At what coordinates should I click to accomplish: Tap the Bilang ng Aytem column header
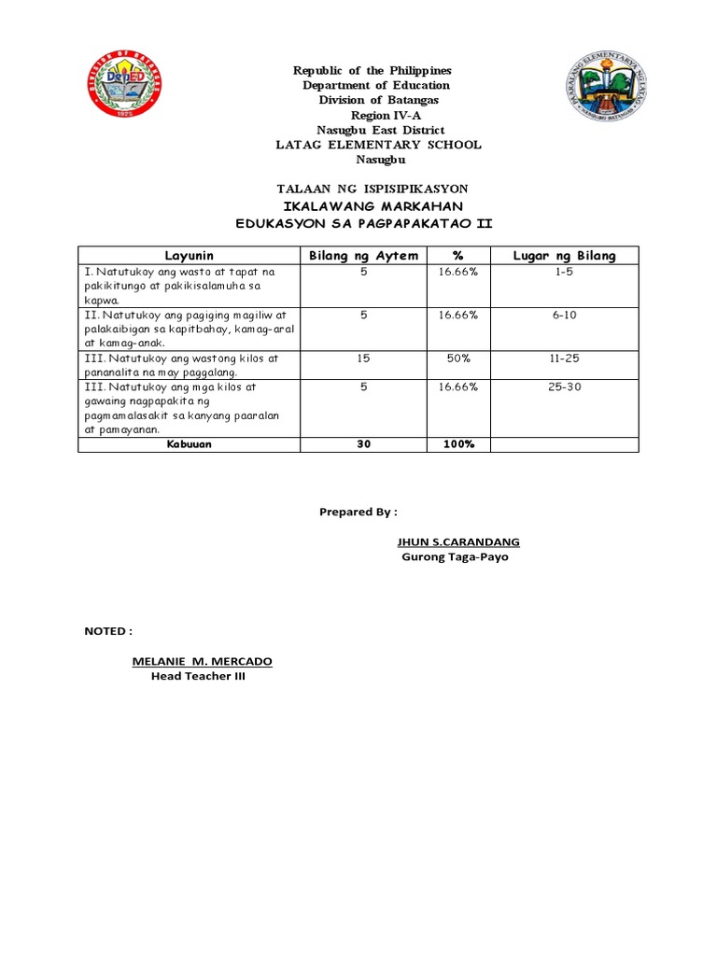pyautogui.click(x=363, y=256)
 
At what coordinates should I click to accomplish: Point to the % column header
pyautogui.click(x=458, y=256)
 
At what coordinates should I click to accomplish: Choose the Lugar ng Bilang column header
pyautogui.click(x=565, y=256)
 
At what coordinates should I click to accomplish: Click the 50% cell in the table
pyautogui.click(x=458, y=358)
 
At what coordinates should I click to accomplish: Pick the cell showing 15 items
pyautogui.click(x=363, y=358)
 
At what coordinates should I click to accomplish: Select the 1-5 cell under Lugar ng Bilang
pyautogui.click(x=565, y=272)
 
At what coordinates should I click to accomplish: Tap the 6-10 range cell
pyautogui.click(x=565, y=316)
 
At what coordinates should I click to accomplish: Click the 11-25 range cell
pyautogui.click(x=565, y=358)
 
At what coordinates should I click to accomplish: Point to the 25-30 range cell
pyautogui.click(x=565, y=387)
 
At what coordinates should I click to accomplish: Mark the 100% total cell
pyautogui.click(x=458, y=444)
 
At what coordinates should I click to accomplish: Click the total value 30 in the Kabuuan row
pyautogui.click(x=363, y=444)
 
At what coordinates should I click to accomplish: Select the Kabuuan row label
pyautogui.click(x=190, y=444)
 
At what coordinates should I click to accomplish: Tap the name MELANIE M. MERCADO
pyautogui.click(x=203, y=661)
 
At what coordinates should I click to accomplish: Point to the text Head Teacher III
pyautogui.click(x=198, y=677)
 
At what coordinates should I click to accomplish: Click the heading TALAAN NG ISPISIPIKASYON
pyautogui.click(x=367, y=189)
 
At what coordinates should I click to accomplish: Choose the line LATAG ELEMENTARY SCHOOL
pyautogui.click(x=378, y=145)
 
